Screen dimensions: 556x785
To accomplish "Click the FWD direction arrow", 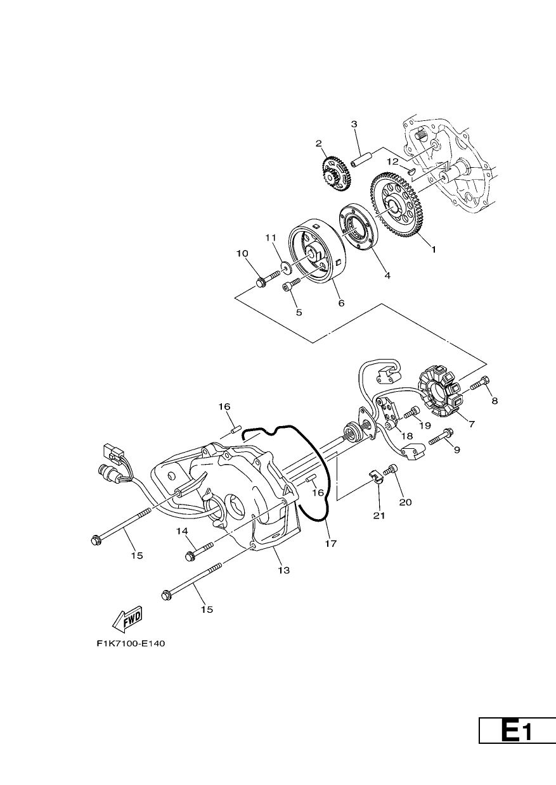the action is coord(127,618).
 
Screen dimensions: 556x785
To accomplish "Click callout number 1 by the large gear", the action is coord(434,249).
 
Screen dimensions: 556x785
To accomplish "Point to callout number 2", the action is coord(318,143).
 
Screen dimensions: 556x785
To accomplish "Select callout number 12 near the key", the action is coord(393,161).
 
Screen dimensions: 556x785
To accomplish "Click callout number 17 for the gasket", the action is coord(331,553).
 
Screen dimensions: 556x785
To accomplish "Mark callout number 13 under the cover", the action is coord(284,570).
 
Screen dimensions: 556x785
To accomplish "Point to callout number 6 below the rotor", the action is coord(341,303).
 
